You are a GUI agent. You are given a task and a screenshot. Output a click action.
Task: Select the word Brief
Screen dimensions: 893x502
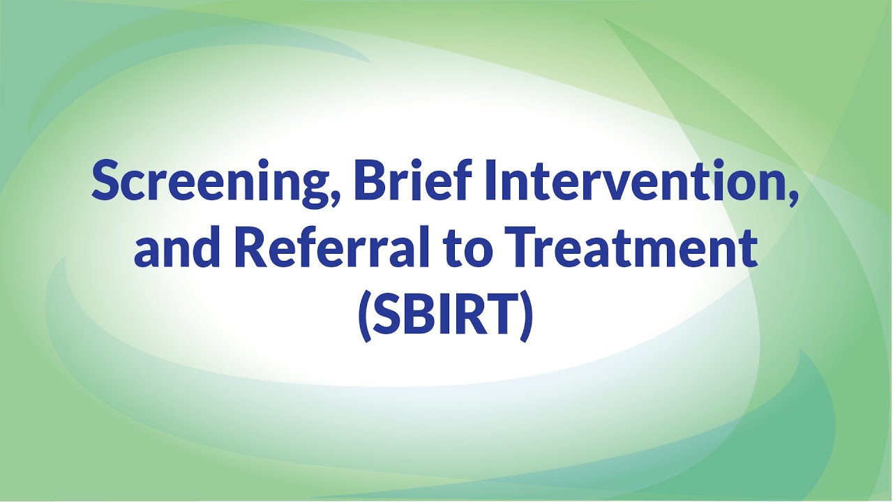(x=413, y=179)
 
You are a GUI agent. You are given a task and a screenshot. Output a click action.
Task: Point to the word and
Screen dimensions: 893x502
(x=177, y=247)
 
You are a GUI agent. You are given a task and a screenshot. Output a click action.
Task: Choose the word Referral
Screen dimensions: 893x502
(x=332, y=247)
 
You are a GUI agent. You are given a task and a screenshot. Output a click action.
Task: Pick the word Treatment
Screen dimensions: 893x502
(x=634, y=248)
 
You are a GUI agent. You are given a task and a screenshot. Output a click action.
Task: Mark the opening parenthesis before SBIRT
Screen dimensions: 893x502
(x=364, y=317)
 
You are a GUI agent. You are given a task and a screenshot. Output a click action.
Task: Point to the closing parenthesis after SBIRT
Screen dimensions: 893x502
(x=526, y=317)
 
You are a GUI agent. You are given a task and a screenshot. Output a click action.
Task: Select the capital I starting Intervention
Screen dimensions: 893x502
(x=491, y=179)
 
